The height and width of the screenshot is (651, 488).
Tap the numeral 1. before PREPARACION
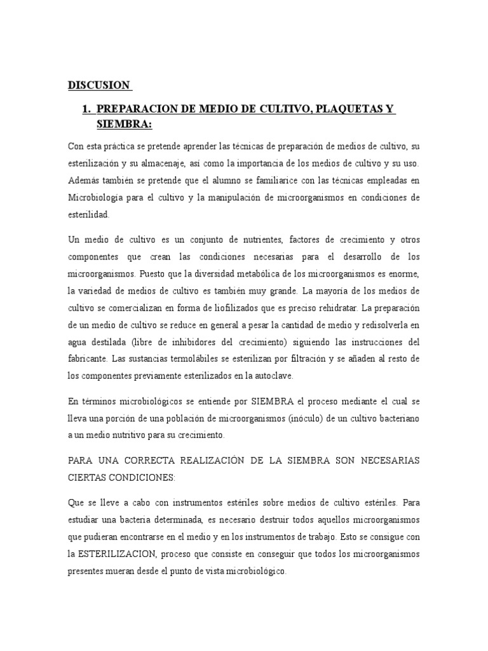(87, 111)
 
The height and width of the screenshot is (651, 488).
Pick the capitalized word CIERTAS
(87, 476)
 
